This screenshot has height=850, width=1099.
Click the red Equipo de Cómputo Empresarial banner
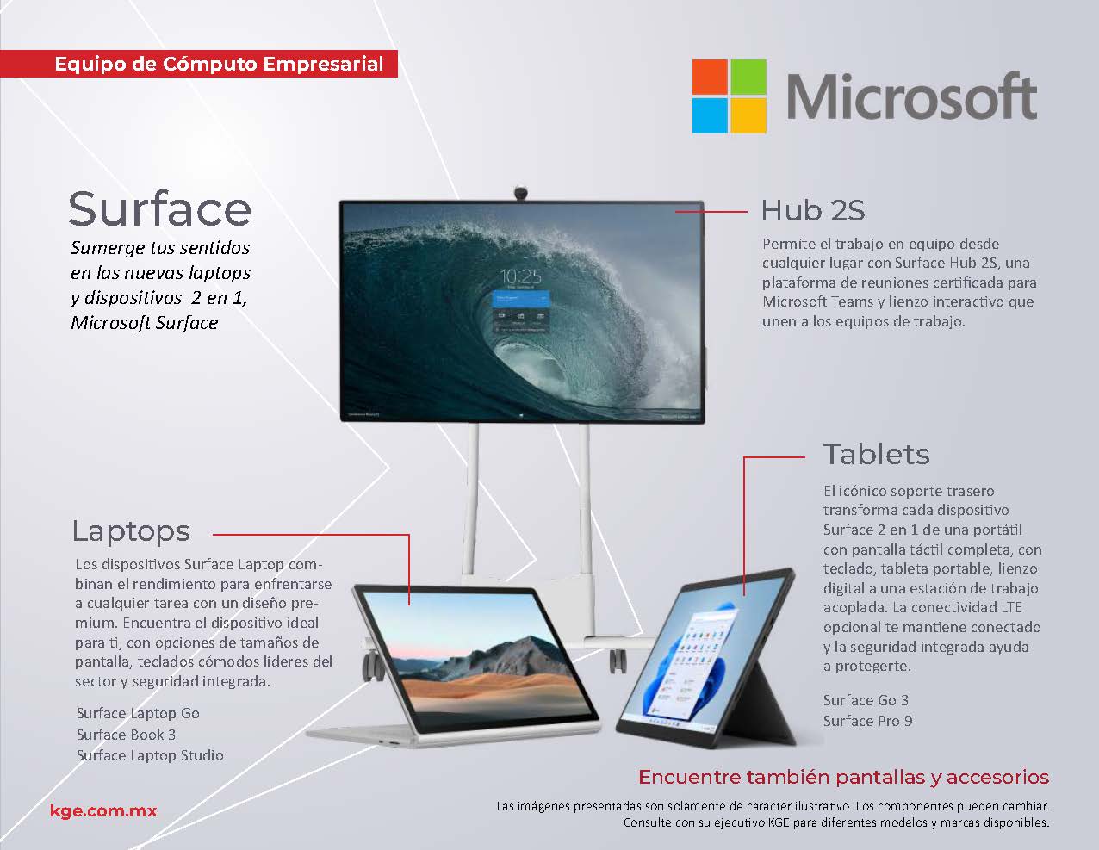point(199,64)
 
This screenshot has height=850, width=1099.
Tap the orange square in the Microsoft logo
point(710,77)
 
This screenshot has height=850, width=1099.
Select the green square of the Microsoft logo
point(748,77)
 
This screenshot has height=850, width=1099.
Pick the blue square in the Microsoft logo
point(710,115)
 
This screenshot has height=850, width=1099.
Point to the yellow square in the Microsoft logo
point(748,115)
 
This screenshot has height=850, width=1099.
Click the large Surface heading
point(160,208)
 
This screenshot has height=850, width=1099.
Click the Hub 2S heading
point(813,210)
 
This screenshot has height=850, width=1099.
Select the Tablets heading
point(877,454)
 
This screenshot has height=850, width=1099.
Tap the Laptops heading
point(131,532)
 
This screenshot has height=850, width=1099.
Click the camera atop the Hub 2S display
point(520,193)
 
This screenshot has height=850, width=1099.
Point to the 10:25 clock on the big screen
point(520,276)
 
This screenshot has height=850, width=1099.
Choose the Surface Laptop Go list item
point(138,713)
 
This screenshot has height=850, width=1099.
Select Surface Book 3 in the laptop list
point(126,735)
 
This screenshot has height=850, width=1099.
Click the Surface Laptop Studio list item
point(150,755)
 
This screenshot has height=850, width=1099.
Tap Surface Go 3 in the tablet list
point(866,700)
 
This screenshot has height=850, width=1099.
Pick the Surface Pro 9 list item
point(868,721)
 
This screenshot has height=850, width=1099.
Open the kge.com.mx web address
point(103,811)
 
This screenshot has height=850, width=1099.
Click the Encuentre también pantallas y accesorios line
point(843,777)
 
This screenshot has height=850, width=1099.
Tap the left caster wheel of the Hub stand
point(373,667)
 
